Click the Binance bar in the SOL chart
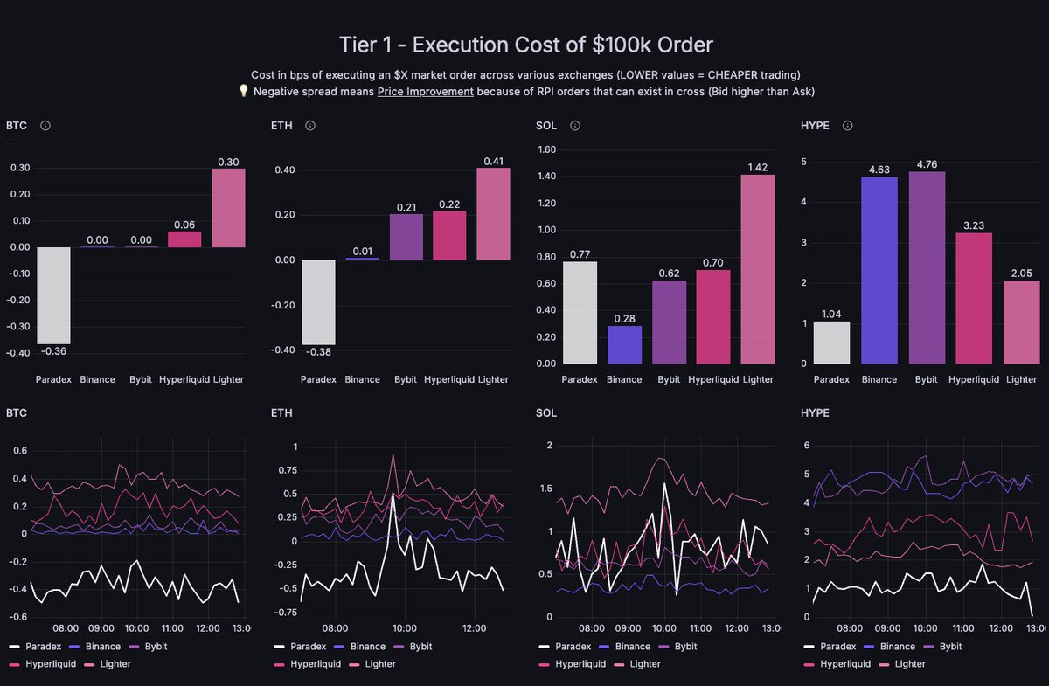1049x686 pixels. (x=624, y=344)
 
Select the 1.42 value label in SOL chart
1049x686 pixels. (x=757, y=167)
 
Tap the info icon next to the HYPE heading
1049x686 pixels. (x=847, y=126)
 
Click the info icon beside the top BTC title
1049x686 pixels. (x=45, y=126)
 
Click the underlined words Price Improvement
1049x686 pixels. (x=425, y=91)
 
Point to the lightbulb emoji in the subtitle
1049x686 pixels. (x=244, y=91)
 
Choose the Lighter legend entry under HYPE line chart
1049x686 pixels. (x=909, y=664)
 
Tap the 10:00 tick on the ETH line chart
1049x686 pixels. (x=404, y=627)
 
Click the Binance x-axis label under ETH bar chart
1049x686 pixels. (x=363, y=379)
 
